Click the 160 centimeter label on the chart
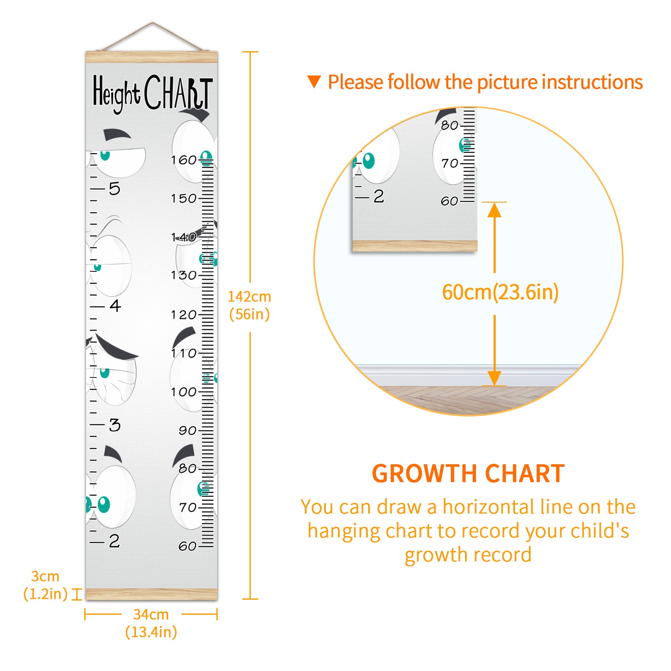(184, 160)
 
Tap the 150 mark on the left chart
(184, 198)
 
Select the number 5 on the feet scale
(114, 189)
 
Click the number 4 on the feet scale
(115, 306)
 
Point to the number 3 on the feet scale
(115, 425)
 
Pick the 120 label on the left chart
(184, 315)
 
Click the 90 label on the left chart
(187, 431)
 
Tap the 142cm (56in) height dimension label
(250, 305)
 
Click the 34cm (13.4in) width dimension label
(151, 623)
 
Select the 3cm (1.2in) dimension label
(45, 585)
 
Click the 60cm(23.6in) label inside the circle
(500, 292)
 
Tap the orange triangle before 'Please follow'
(314, 82)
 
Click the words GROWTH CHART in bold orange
(468, 474)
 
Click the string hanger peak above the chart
(153, 23)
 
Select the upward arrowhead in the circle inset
(494, 210)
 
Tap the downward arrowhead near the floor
(494, 378)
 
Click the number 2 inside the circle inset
(379, 196)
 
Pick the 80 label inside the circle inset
(450, 125)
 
